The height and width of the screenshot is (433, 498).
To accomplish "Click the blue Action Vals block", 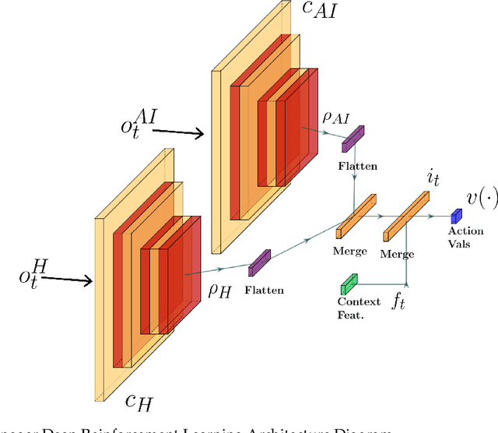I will tap(457, 213).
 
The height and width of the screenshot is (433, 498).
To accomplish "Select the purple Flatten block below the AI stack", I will tap(352, 139).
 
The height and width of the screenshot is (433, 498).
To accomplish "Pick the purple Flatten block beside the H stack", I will tap(259, 262).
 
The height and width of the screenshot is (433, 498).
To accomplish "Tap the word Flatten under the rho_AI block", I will tap(358, 165).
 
